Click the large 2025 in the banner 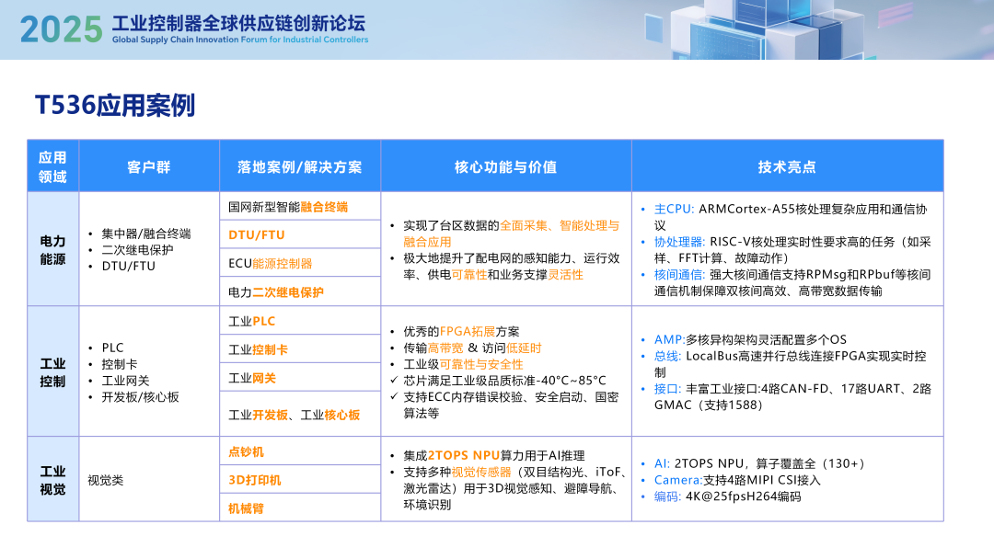(61, 29)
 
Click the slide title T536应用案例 (115, 106)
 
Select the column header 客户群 (148, 166)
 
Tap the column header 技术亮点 (787, 166)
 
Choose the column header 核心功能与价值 (505, 166)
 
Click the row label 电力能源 (52, 249)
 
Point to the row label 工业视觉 (52, 480)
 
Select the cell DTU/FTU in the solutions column (257, 235)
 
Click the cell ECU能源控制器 (271, 264)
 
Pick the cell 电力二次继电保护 (276, 292)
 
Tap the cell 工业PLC (252, 321)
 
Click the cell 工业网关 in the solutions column (252, 378)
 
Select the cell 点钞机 (246, 451)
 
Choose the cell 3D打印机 (255, 480)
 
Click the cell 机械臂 (246, 508)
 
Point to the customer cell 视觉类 (105, 480)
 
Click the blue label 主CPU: (674, 209)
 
